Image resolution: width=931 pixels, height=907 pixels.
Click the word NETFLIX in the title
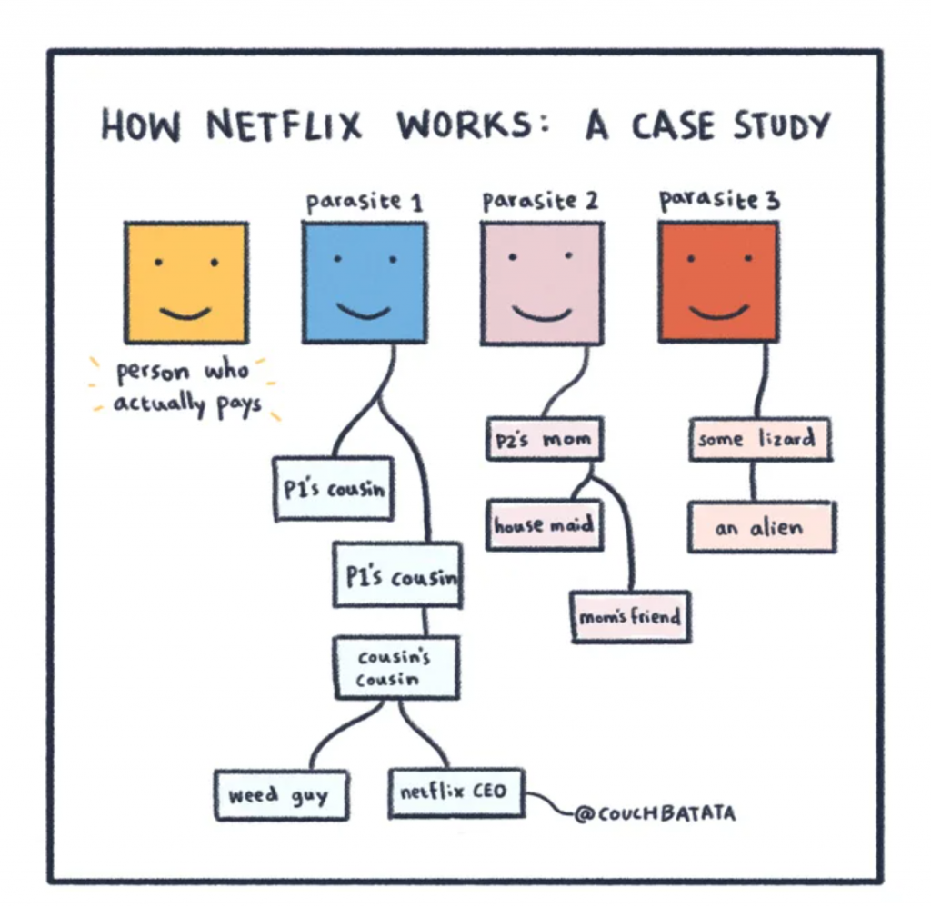click(284, 125)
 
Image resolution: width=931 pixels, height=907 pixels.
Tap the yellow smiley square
click(186, 283)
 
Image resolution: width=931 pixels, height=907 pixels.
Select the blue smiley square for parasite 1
click(365, 283)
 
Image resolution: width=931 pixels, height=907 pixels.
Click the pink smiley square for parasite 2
click(542, 284)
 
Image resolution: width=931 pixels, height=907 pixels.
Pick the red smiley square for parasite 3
click(718, 282)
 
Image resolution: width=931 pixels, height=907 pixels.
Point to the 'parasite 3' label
click(719, 200)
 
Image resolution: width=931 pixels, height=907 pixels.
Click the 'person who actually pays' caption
click(187, 388)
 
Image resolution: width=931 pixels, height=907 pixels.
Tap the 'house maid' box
click(544, 524)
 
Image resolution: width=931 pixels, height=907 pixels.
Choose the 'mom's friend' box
click(630, 617)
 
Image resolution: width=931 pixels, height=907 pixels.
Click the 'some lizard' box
click(759, 440)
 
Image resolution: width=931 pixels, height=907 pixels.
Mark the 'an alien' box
click(761, 527)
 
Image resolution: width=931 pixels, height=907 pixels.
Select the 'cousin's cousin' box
click(395, 668)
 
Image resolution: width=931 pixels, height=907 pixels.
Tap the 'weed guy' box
click(277, 795)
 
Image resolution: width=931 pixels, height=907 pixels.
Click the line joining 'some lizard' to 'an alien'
click(754, 481)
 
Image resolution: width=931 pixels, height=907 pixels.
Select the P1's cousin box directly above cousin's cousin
click(397, 575)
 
